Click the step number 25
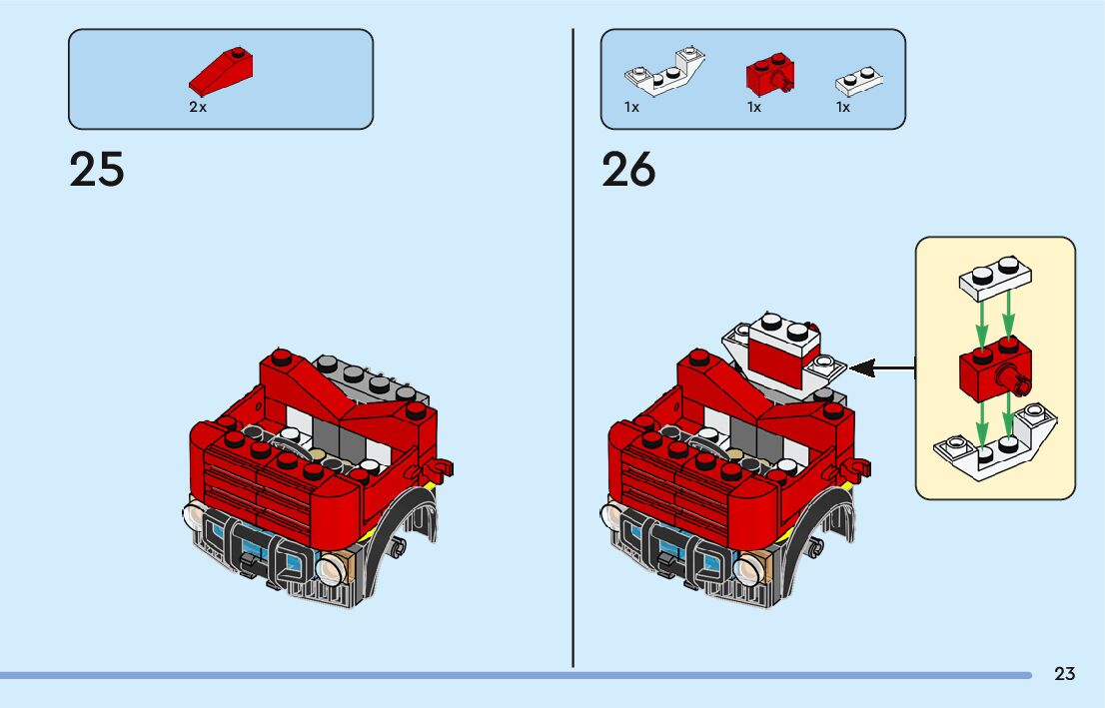pyautogui.click(x=97, y=170)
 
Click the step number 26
pyautogui.click(x=628, y=170)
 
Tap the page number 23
pyautogui.click(x=1064, y=674)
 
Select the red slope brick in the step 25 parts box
pyautogui.click(x=221, y=72)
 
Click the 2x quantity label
pyautogui.click(x=198, y=107)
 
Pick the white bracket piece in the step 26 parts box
pyautogui.click(x=663, y=73)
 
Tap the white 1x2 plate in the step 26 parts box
pyautogui.click(x=858, y=80)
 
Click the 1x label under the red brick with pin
pyautogui.click(x=754, y=107)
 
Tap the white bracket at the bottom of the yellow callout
pyautogui.click(x=991, y=446)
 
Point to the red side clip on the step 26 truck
pyautogui.click(x=856, y=466)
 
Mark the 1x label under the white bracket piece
pyautogui.click(x=631, y=107)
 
